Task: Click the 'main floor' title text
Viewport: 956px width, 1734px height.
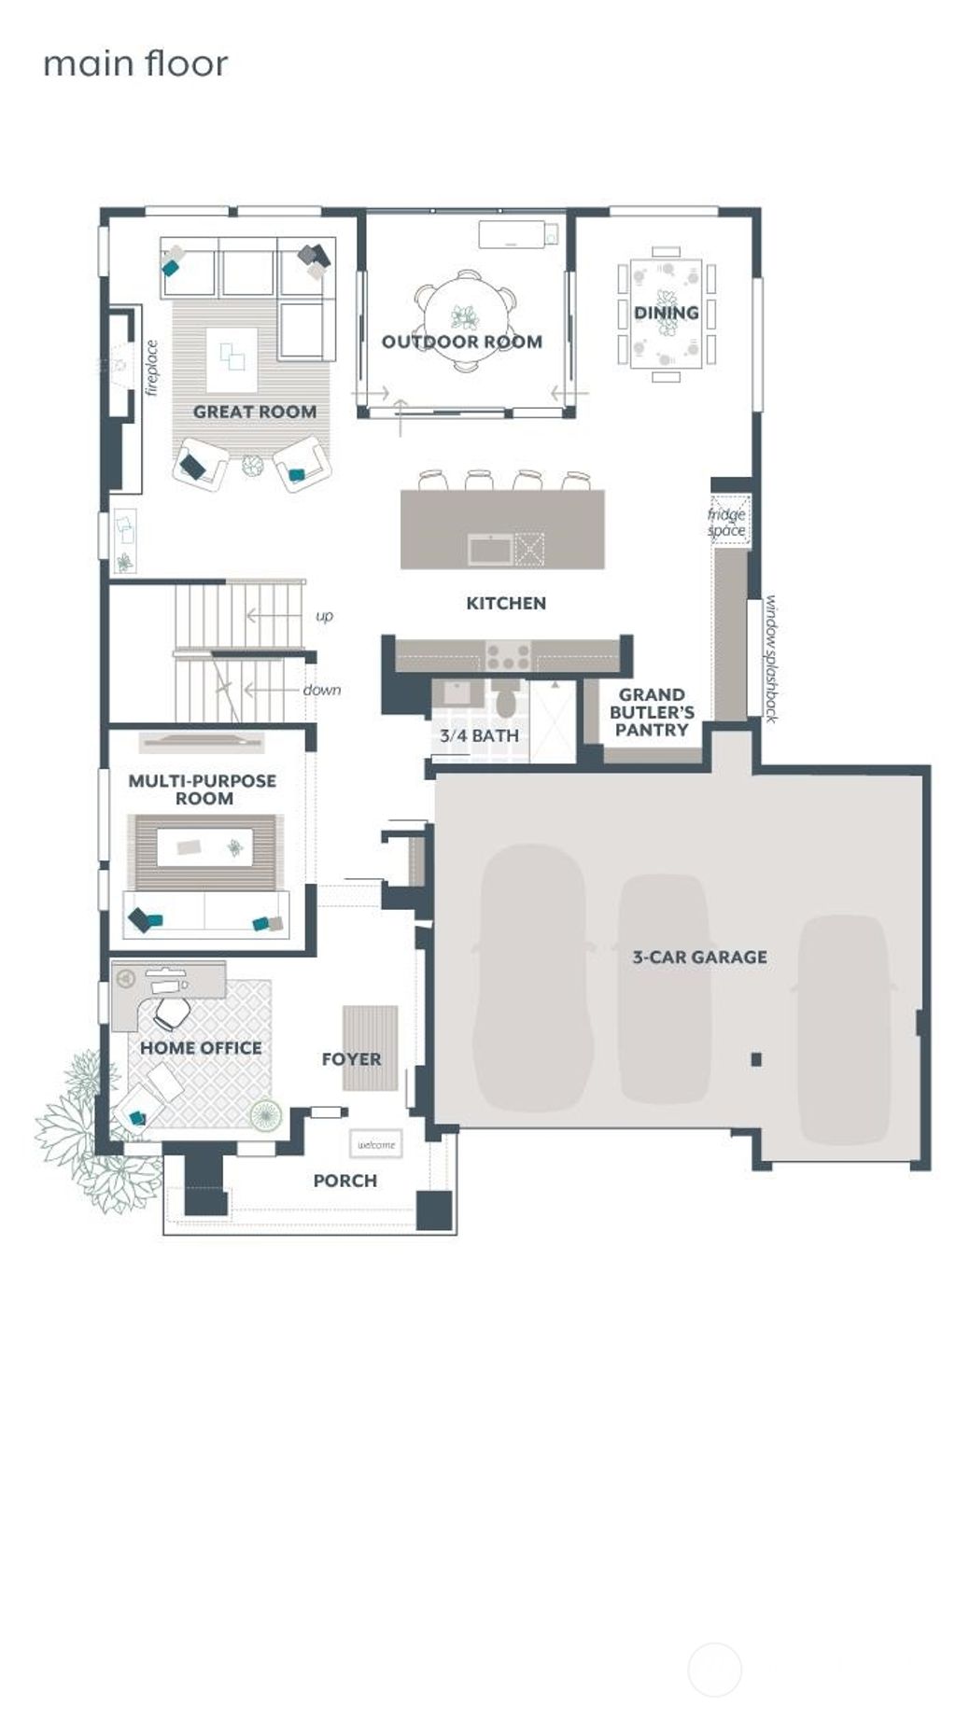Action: [135, 63]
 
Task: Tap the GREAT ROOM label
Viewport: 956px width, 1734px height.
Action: [254, 412]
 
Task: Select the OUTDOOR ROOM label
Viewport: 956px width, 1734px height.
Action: [461, 342]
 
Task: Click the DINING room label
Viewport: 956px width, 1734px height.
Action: [666, 313]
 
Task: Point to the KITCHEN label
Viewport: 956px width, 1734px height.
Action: [506, 603]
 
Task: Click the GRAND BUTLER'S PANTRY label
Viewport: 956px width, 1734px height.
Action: [652, 712]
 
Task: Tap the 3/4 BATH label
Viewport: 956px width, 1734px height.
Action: [479, 735]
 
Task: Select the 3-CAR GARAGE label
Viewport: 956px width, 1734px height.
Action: [699, 957]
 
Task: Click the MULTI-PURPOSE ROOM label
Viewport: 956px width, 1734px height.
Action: [203, 790]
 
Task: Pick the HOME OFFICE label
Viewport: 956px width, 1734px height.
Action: [201, 1048]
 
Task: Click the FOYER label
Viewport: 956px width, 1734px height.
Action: [351, 1059]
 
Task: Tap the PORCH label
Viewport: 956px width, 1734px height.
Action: [345, 1181]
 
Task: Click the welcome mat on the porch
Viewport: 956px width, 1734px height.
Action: [376, 1144]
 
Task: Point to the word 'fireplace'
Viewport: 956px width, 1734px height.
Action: [152, 368]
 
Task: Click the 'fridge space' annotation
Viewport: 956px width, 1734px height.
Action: [726, 523]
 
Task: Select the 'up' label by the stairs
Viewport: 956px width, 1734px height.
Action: [324, 616]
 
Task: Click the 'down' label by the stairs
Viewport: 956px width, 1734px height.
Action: [322, 690]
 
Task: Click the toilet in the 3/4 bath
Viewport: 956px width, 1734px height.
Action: [504, 701]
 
